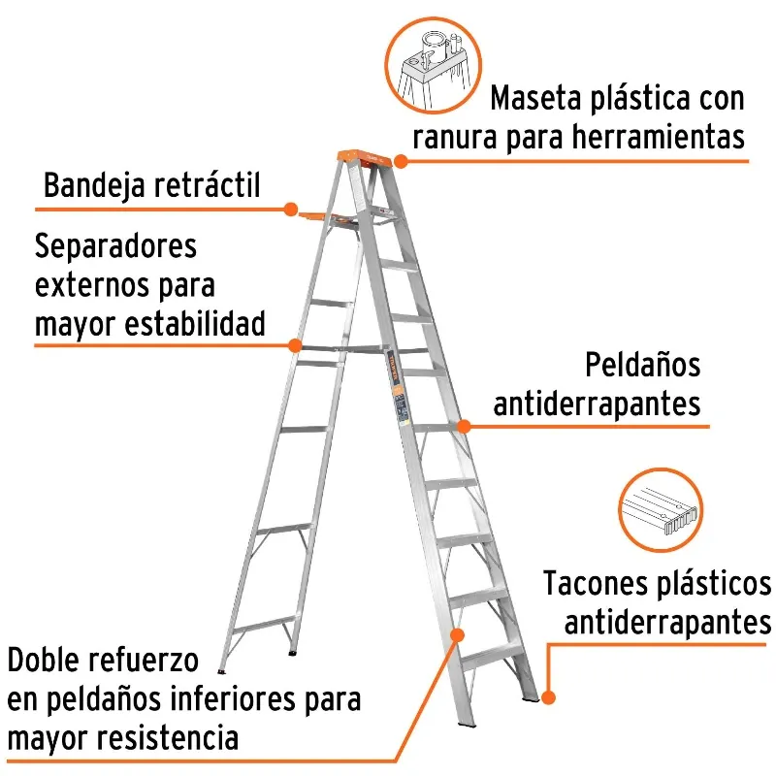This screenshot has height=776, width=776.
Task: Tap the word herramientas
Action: point(659,137)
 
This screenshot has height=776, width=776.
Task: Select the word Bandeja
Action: point(94,185)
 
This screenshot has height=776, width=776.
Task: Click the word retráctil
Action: point(207,184)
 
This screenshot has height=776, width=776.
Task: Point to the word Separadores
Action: point(115,246)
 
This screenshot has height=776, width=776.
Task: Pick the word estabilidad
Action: point(195,323)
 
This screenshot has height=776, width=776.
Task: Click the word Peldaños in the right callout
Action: point(643,366)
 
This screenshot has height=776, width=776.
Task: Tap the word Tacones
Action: point(596,584)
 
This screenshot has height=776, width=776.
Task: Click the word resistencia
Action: point(167,737)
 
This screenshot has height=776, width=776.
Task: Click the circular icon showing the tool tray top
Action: point(433,65)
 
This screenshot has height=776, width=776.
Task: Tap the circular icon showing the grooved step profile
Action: point(661,510)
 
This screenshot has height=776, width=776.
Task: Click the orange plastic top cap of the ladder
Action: point(365,158)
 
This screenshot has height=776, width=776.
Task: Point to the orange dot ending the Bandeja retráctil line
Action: point(291,209)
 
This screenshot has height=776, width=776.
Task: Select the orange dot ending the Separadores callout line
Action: point(295,345)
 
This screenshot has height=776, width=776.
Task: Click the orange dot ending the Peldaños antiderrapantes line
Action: point(464,426)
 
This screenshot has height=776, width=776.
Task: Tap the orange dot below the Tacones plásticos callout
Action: point(548,697)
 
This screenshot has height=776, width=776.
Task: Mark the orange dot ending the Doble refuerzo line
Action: point(457,635)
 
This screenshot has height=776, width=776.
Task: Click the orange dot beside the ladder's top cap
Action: point(401,161)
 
